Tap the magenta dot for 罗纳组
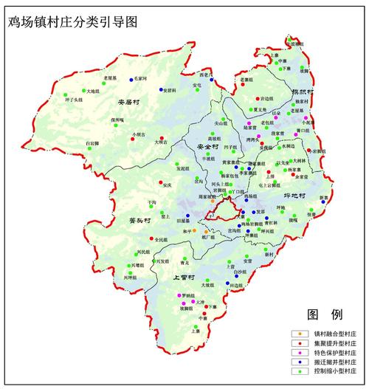click(181, 295)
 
